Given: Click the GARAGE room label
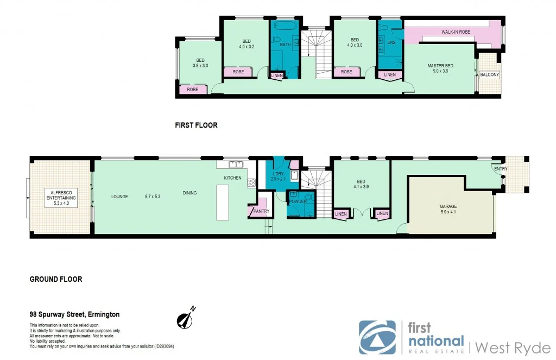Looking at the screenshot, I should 448,206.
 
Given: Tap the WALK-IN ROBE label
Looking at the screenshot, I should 456,32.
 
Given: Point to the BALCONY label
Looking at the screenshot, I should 489,74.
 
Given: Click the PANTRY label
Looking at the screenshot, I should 257,212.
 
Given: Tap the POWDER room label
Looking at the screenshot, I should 298,201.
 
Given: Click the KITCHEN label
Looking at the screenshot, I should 233,178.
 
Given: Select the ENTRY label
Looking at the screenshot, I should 501,169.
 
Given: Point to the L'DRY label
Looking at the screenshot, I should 277,174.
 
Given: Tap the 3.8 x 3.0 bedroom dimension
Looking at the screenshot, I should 200,65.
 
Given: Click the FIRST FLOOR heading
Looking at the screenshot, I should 196,125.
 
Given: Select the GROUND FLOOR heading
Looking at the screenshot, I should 56,279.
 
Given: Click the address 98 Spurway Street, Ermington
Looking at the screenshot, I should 74,314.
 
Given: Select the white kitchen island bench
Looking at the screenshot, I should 223,202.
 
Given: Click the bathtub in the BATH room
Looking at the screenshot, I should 283,26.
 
